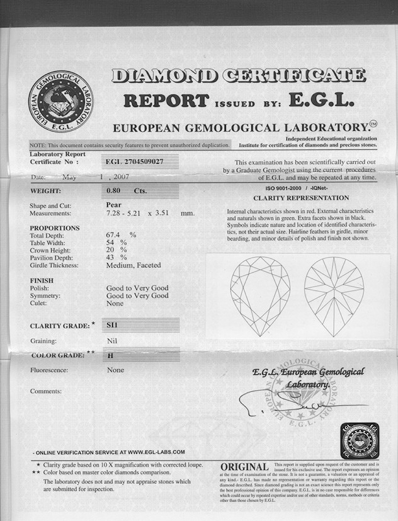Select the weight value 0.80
click(x=114, y=190)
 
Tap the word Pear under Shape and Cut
click(x=114, y=204)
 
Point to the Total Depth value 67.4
click(x=113, y=235)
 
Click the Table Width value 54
click(x=111, y=243)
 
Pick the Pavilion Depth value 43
click(x=110, y=258)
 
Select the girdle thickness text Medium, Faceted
click(x=134, y=265)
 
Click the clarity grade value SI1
click(x=114, y=326)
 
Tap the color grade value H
click(x=111, y=355)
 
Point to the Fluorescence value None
click(x=115, y=370)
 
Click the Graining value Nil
click(x=113, y=341)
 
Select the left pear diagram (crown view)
click(x=260, y=294)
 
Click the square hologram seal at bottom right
click(x=360, y=440)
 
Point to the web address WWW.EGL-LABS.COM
click(x=156, y=452)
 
